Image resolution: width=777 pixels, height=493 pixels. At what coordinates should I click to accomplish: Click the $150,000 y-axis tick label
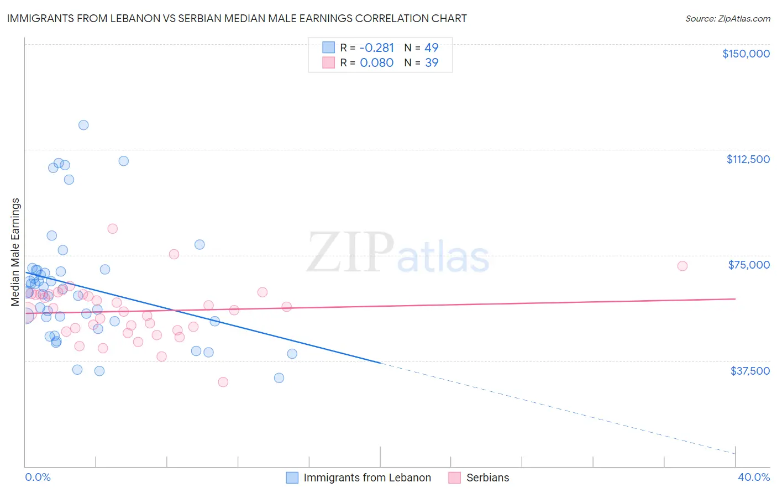pyautogui.click(x=746, y=54)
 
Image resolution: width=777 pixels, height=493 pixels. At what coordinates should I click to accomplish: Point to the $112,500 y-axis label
pyautogui.click(x=748, y=159)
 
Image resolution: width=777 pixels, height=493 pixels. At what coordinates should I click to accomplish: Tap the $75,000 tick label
pyautogui.click(x=749, y=265)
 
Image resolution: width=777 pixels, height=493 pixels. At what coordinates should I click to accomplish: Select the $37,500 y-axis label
pyautogui.click(x=750, y=371)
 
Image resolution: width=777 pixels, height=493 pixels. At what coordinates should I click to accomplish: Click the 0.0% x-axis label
pyautogui.click(x=38, y=477)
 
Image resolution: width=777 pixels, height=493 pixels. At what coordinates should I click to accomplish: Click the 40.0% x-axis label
pyautogui.click(x=753, y=477)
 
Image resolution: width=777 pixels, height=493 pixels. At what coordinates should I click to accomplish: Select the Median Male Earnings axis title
pyautogui.click(x=15, y=252)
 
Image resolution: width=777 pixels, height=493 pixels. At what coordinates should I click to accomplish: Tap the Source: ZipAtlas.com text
pyautogui.click(x=727, y=18)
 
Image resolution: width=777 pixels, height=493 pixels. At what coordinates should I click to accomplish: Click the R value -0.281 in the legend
pyautogui.click(x=377, y=48)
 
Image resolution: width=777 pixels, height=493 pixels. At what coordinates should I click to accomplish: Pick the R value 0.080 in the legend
pyautogui.click(x=376, y=63)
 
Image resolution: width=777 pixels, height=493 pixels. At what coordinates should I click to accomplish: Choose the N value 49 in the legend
pyautogui.click(x=431, y=48)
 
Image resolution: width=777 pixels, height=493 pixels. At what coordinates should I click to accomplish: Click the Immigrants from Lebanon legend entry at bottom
pyautogui.click(x=367, y=478)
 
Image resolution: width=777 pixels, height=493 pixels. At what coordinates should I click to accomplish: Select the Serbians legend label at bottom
pyautogui.click(x=487, y=478)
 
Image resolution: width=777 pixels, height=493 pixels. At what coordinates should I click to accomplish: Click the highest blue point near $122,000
pyautogui.click(x=83, y=125)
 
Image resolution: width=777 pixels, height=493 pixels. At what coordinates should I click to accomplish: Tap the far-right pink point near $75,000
pyautogui.click(x=682, y=266)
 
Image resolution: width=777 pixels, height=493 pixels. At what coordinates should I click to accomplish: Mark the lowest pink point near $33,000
pyautogui.click(x=223, y=382)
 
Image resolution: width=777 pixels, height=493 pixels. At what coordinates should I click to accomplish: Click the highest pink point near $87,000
pyautogui.click(x=112, y=229)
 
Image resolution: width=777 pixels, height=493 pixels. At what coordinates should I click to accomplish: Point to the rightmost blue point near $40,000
pyautogui.click(x=292, y=354)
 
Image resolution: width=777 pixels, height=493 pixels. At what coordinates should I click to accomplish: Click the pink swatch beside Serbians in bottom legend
pyautogui.click(x=454, y=478)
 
